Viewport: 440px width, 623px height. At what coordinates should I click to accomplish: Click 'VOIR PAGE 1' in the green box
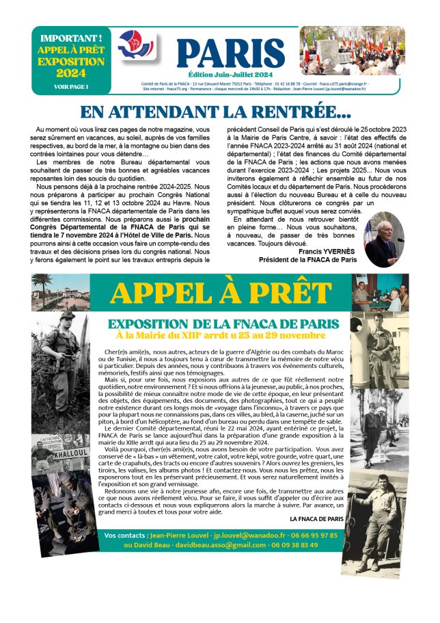[72, 87]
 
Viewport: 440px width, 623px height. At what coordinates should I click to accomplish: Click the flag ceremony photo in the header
[352, 51]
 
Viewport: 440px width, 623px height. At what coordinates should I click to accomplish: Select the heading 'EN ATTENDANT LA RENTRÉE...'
[216, 112]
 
